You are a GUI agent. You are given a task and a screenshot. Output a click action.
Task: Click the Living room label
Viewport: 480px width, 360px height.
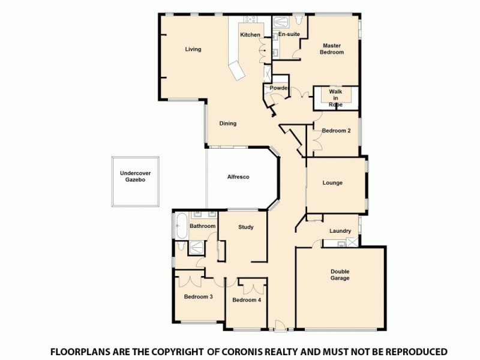(193, 49)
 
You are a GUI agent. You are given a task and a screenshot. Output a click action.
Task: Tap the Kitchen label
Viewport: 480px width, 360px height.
(250, 35)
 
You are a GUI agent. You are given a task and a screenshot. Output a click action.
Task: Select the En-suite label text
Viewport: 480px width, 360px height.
(289, 35)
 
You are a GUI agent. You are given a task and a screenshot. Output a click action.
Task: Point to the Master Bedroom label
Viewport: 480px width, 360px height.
(332, 49)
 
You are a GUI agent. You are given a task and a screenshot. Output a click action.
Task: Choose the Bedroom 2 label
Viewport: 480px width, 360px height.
(336, 131)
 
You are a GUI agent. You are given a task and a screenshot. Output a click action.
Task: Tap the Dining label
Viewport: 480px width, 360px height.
(227, 124)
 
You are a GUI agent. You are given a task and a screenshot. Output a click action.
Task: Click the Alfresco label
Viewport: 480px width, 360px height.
(238, 177)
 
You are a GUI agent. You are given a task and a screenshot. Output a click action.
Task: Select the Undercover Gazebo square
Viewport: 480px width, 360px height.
(137, 181)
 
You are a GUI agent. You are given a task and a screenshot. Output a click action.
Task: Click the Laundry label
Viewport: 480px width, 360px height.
(340, 231)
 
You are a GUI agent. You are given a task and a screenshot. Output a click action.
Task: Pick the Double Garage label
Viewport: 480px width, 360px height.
(340, 275)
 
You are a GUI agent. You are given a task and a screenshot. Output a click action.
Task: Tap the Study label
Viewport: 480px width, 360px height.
(245, 227)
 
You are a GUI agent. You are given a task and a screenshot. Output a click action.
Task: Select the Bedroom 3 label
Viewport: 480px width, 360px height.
(198, 297)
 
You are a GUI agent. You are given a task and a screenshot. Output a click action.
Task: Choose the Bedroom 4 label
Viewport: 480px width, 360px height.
(247, 300)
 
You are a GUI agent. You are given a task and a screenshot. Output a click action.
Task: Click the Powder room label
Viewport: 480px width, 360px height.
(279, 88)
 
